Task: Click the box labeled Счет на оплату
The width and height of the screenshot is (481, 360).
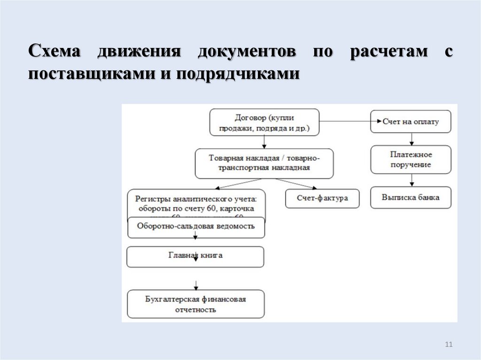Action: click(411, 122)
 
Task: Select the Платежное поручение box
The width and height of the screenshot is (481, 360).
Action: click(411, 160)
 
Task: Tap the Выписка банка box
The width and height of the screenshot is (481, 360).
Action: click(411, 198)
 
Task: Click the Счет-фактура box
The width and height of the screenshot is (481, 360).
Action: click(322, 198)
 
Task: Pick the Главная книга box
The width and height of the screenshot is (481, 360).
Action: click(195, 256)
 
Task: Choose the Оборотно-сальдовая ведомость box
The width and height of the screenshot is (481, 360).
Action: click(196, 227)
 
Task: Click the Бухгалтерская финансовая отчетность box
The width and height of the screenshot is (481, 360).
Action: click(195, 304)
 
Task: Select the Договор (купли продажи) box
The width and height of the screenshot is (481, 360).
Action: click(264, 123)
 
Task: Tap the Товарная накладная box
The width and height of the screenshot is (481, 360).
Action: click(264, 163)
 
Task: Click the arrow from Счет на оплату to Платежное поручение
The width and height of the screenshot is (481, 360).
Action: click(412, 139)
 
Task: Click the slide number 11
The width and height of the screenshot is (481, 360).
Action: click(448, 345)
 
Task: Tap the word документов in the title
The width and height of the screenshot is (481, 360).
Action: click(247, 51)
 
